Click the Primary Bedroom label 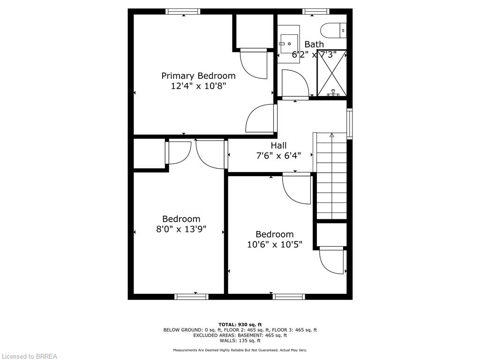point(198,76)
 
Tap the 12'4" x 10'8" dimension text point(198,86)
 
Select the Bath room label point(314,45)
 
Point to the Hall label point(278,145)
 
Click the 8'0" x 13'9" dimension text point(181,229)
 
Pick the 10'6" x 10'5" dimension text point(275,245)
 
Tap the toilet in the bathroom point(333,30)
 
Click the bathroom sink point(289,44)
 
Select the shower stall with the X point(331,73)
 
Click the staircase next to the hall point(331,176)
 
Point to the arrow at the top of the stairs point(331,135)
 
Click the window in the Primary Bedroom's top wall point(183,12)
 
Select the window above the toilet point(316,12)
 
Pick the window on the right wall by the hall point(349,124)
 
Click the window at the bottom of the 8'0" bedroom point(191,297)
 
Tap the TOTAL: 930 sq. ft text point(240,324)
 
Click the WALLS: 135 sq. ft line point(240,340)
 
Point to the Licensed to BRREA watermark point(29,356)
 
